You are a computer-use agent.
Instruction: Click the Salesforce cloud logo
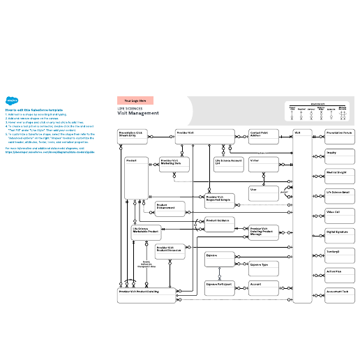click(12, 100)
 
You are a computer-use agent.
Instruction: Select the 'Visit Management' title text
click(138, 113)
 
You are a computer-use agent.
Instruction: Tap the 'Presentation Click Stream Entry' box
click(133, 136)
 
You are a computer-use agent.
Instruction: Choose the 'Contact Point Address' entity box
click(264, 136)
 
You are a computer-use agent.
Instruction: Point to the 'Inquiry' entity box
click(340, 156)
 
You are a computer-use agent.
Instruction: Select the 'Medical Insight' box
click(340, 175)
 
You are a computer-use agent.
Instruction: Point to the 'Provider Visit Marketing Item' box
click(174, 165)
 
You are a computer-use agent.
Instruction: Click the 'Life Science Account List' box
click(229, 165)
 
